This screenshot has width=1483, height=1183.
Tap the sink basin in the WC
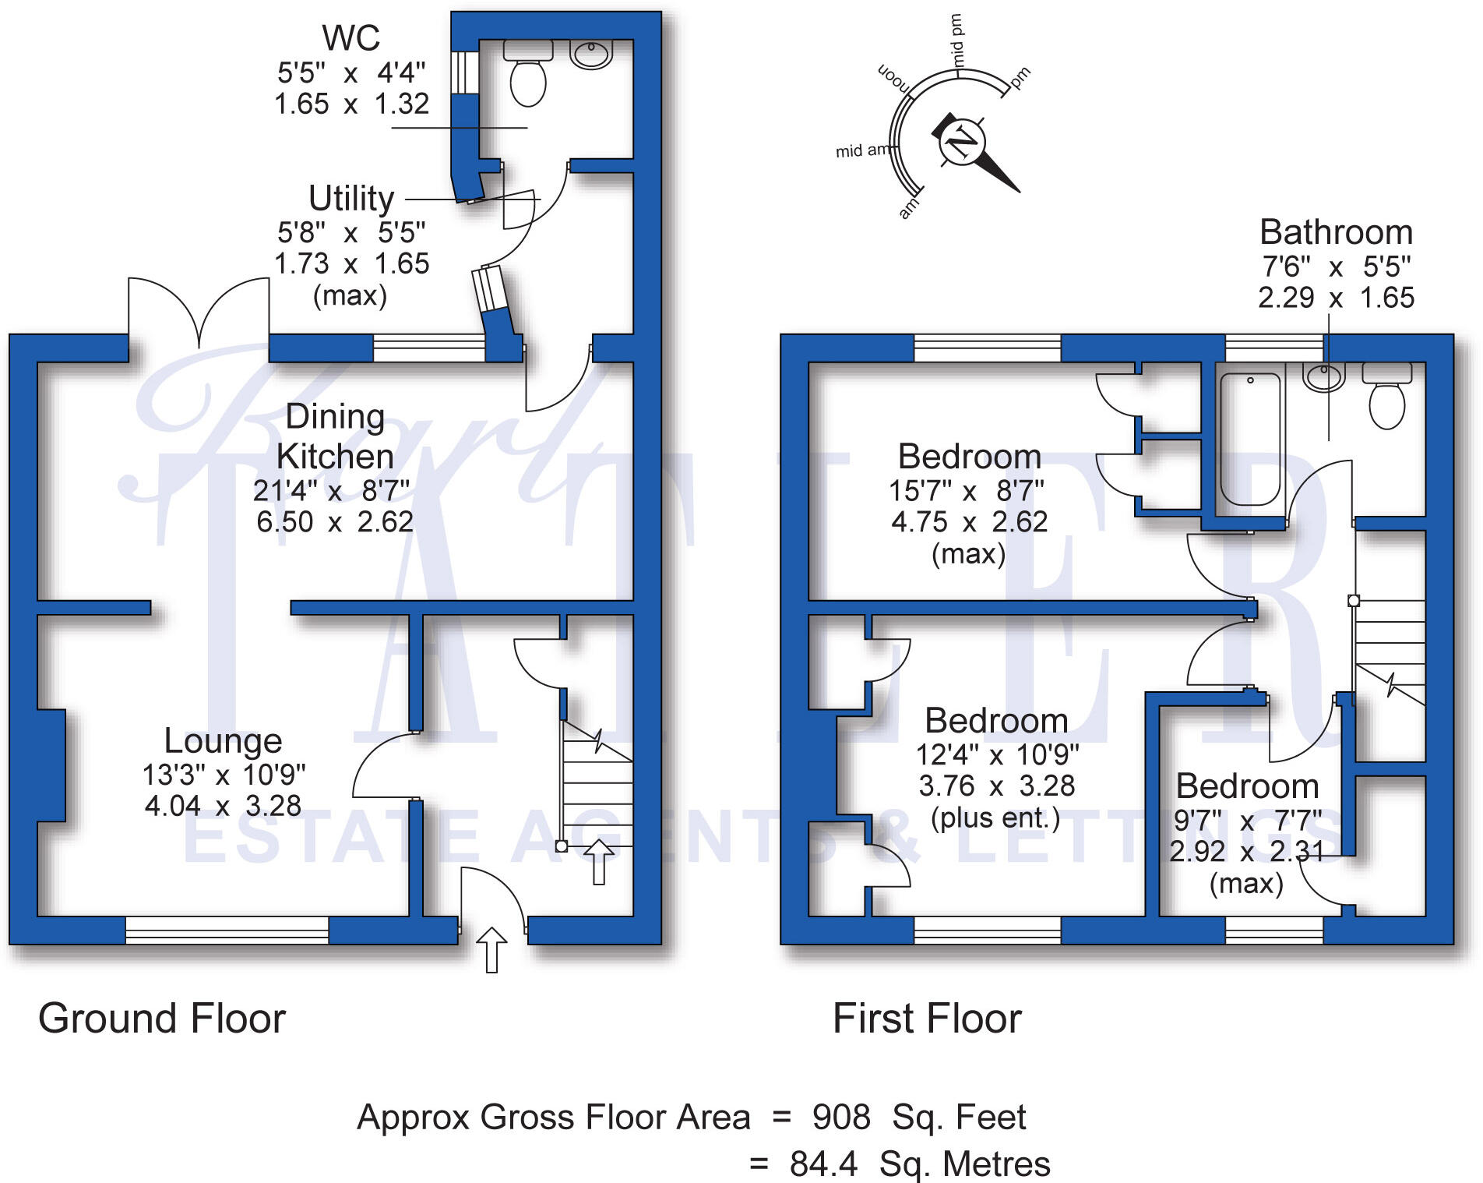point(591,54)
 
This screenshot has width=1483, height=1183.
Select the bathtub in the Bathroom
point(1249,440)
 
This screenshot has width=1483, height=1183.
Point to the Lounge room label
point(223,740)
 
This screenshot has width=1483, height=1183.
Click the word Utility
point(351,199)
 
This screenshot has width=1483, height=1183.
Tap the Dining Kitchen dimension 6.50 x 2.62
point(335,521)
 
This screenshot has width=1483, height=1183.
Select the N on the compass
point(963,143)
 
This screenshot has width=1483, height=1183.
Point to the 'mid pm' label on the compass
point(956,41)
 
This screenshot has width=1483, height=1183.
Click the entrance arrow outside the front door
point(491,950)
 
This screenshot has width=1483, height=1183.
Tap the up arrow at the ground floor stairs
point(599,862)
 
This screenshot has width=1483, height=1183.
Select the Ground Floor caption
point(162,1018)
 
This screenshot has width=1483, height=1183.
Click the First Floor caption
point(927,1018)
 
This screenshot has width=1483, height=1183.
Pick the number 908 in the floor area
point(841,1117)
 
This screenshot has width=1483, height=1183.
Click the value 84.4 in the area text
point(823,1164)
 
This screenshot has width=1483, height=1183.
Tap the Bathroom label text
point(1336,232)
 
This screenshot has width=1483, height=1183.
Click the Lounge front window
point(227,930)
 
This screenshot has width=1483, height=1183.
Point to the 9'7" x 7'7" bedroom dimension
point(1248,821)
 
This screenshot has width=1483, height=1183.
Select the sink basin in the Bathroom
point(1323,377)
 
